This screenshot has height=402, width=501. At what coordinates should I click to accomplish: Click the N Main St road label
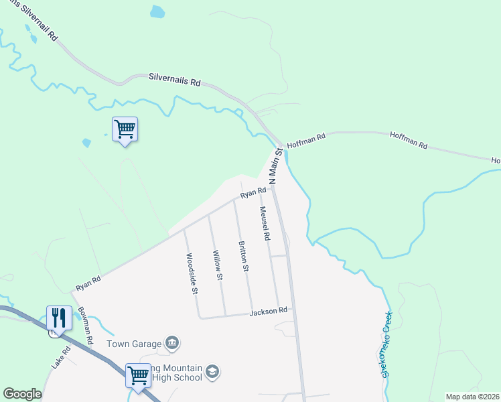tap(273, 168)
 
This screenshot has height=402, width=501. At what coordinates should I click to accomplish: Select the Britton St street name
tap(243, 257)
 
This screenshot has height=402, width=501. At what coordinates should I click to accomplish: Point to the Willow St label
tap(217, 265)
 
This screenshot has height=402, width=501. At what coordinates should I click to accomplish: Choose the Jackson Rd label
tap(269, 311)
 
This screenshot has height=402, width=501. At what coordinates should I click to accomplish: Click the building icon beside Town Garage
tap(172, 343)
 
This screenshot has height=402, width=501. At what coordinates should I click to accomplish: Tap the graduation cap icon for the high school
tap(212, 372)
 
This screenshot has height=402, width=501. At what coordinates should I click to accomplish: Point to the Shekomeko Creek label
tap(386, 344)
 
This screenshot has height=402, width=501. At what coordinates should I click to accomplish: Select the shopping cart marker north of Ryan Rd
tap(125, 129)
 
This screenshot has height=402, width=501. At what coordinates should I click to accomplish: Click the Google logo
tap(22, 394)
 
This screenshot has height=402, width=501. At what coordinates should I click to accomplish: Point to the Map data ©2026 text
tap(472, 397)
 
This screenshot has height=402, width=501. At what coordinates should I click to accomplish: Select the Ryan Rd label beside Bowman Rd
tap(88, 282)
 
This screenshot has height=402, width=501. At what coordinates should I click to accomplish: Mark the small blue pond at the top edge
tap(157, 11)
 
